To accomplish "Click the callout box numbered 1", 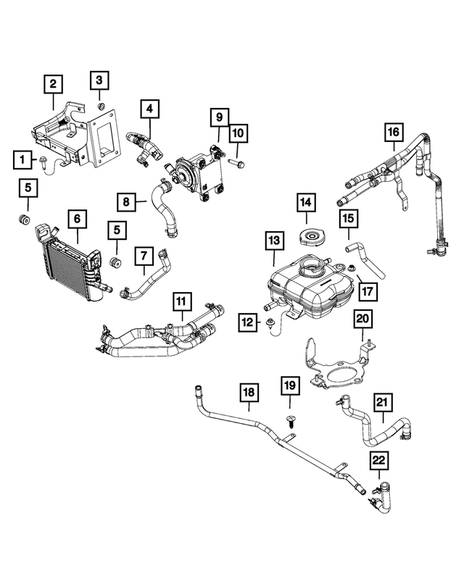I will point(24,158).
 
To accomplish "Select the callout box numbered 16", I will point(393,132).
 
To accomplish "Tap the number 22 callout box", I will point(379,459).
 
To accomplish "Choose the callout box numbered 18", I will point(249,392).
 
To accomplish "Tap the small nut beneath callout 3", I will point(101,107).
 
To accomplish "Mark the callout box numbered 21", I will point(383,400).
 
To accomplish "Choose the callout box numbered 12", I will point(249,322).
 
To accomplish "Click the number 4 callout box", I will point(149,109).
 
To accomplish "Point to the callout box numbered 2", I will point(52,84).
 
